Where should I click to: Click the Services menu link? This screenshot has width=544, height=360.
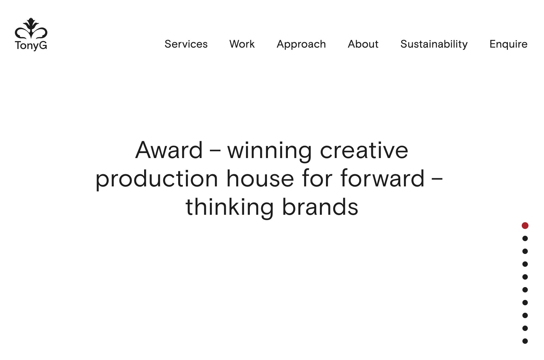click(186, 44)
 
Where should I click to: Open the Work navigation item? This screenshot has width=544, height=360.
click(242, 44)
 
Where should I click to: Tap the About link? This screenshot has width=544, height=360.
click(363, 44)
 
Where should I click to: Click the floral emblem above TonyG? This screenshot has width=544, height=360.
click(31, 28)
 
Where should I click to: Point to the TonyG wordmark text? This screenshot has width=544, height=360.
click(31, 46)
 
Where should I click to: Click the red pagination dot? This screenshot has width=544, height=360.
click(525, 226)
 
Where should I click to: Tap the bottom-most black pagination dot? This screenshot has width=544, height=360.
click(525, 341)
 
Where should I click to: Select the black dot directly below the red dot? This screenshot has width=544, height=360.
click(525, 238)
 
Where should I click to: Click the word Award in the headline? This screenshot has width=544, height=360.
click(169, 150)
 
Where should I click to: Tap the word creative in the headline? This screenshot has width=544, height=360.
click(364, 150)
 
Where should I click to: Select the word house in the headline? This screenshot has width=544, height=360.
click(260, 178)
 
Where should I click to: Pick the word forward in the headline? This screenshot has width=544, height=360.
click(382, 178)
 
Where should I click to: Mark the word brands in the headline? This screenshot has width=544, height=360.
click(320, 206)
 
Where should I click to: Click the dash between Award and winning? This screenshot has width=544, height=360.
click(215, 151)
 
